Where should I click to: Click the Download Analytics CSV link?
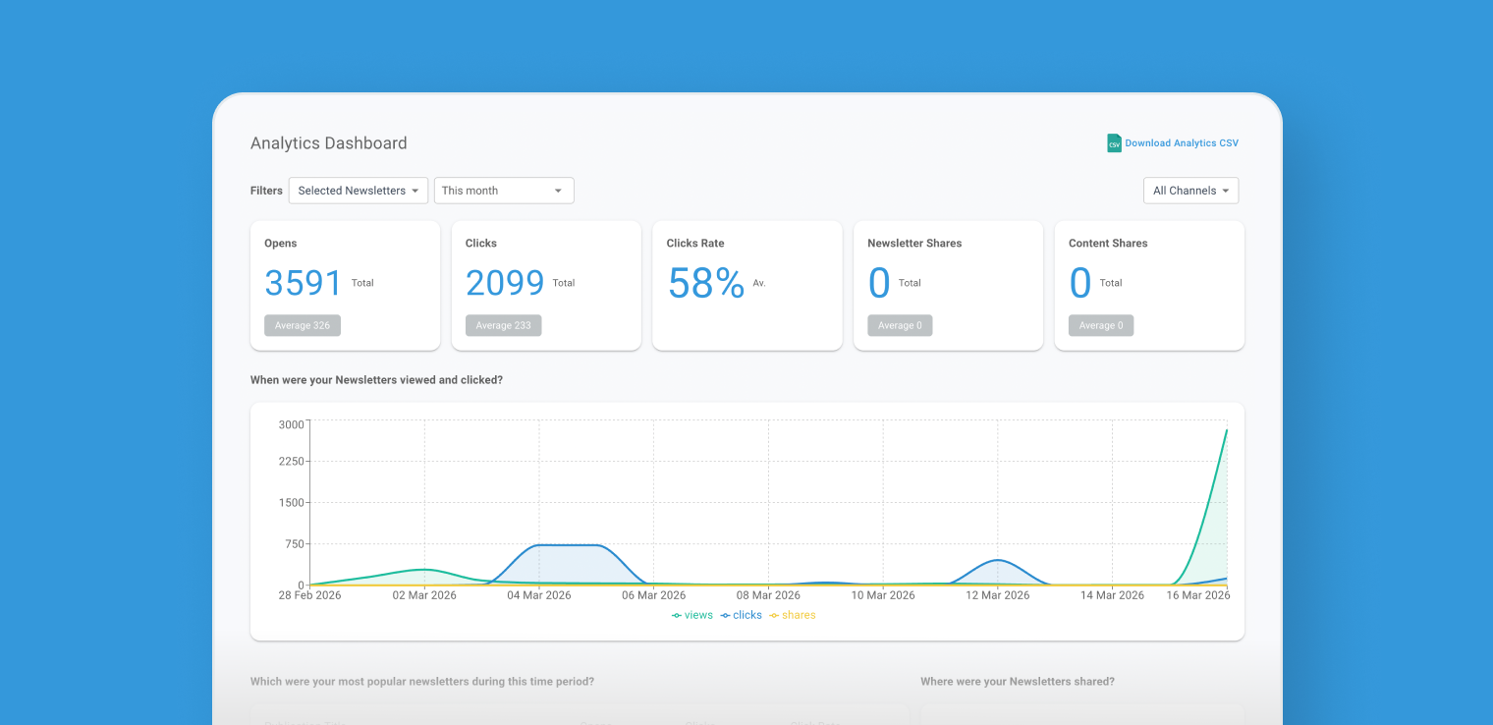(x=1181, y=143)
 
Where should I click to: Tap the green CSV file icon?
(x=1114, y=143)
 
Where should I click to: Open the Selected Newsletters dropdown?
(x=359, y=191)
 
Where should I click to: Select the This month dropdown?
(x=503, y=191)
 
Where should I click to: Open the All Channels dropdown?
(x=1190, y=191)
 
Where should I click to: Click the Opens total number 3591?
(x=304, y=283)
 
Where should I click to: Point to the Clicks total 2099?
(x=505, y=283)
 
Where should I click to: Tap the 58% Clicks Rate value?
(x=705, y=283)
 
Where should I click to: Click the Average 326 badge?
(x=303, y=325)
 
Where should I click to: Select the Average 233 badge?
(x=503, y=325)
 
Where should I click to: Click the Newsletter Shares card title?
(x=914, y=244)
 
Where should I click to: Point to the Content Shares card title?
(x=1108, y=244)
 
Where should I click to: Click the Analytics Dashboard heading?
(x=328, y=143)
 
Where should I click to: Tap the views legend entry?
(x=692, y=615)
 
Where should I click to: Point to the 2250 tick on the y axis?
(x=292, y=461)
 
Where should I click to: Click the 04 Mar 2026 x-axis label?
(x=538, y=595)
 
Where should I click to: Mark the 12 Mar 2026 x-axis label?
(x=997, y=595)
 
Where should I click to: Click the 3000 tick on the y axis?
(x=292, y=424)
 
